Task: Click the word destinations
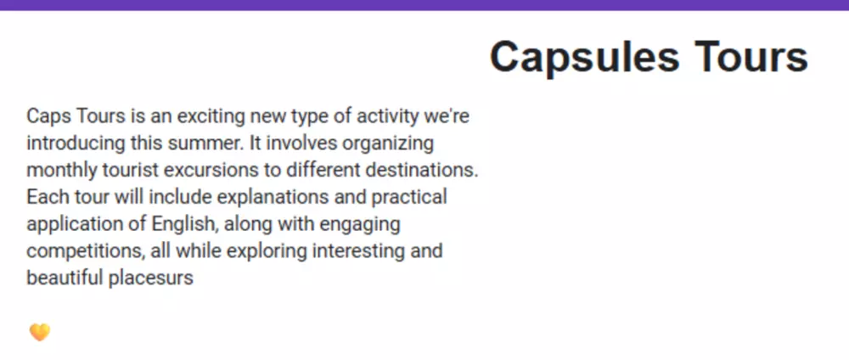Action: pyautogui.click(x=422, y=171)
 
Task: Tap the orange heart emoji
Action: pyautogui.click(x=40, y=332)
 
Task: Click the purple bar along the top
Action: pyautogui.click(x=424, y=5)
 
